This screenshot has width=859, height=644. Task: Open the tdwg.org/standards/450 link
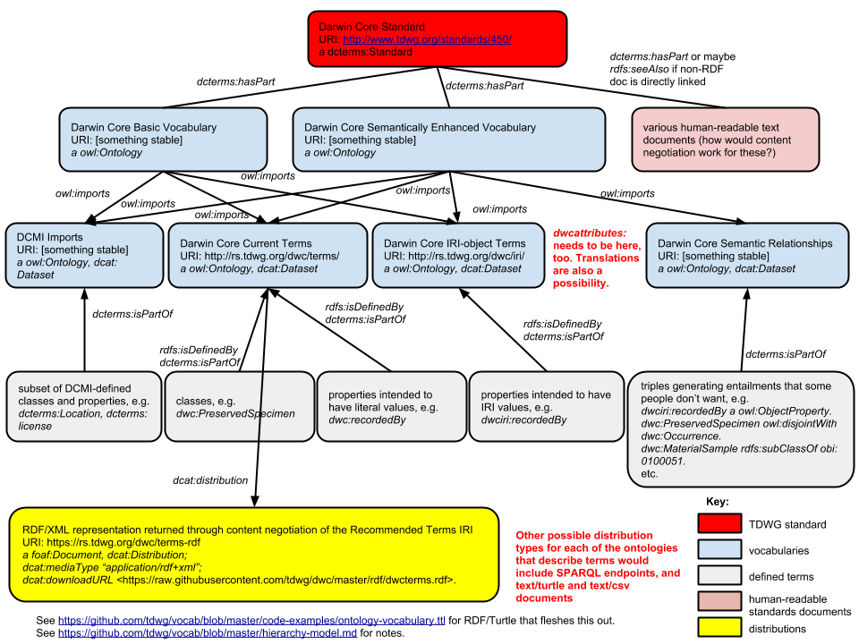coord(427,40)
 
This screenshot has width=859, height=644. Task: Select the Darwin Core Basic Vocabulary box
coord(163,140)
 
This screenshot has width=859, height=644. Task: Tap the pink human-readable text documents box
coord(725,140)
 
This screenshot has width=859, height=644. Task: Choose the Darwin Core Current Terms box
coord(268,256)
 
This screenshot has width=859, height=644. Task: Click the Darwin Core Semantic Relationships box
coord(747,256)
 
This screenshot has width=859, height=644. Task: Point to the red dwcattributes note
coord(593,257)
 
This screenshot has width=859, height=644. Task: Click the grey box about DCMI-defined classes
coord(84,407)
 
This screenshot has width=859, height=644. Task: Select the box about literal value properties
coord(387,407)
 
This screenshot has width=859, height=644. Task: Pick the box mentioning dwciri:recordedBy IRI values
coord(546,407)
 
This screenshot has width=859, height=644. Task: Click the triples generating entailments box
coord(741,429)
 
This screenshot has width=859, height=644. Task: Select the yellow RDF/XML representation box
coord(254,555)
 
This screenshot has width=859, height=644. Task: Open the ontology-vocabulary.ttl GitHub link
coord(251,620)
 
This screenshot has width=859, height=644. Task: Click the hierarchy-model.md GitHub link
coord(208,632)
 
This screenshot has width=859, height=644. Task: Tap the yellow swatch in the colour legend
coord(719,626)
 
